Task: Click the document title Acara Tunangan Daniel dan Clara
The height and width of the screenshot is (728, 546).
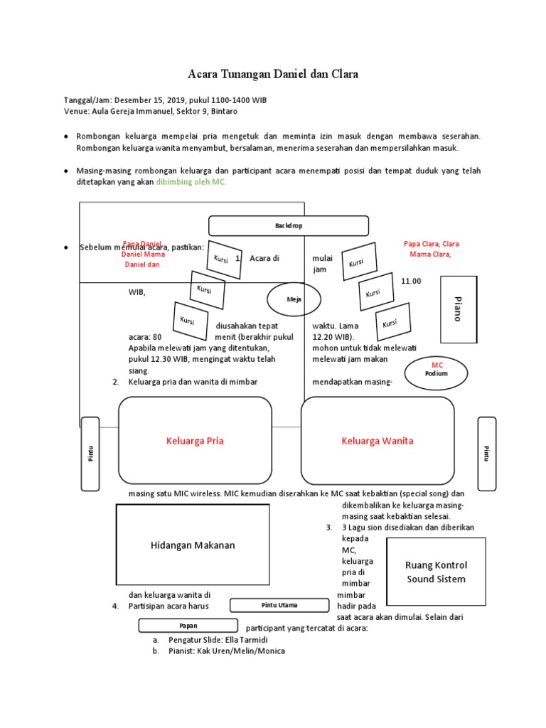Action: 273,74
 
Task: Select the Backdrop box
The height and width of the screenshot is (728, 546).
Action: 288,226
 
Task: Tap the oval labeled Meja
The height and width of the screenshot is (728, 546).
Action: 294,299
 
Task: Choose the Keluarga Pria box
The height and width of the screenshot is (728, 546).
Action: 195,441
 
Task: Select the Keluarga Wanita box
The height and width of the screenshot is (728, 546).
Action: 378,441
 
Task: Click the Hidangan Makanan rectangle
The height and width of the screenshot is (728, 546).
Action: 193,545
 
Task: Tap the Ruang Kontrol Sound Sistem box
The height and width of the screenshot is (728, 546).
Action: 436,572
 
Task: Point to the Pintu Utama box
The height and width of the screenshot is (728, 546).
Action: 279,605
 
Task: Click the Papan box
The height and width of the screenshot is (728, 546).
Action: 188,626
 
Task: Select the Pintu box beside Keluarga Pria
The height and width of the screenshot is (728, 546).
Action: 90,454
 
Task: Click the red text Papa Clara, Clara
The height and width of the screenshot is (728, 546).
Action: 431,243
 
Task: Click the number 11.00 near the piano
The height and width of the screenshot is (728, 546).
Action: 411,281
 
